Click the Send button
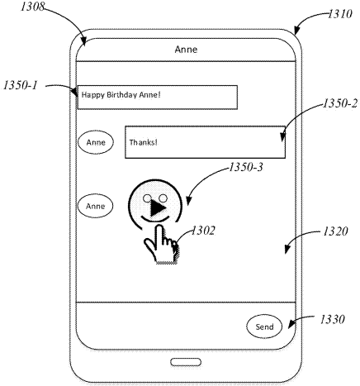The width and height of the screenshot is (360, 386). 264,326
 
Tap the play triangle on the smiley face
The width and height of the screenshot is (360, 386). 159,208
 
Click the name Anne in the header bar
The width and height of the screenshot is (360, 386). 186,50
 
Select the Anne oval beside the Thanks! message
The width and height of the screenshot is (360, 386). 96,142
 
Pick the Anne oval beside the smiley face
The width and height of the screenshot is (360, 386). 95,206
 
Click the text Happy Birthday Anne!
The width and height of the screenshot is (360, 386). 121,95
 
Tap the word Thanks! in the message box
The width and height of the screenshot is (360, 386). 144,142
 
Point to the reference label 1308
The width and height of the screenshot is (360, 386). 32,7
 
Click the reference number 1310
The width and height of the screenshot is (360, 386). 340,14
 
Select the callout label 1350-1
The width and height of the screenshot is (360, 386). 20,85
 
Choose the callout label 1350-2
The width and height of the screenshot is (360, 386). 340,103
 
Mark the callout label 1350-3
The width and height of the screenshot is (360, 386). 246,167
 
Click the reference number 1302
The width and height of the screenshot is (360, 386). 203,231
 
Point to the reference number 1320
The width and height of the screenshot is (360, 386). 335,231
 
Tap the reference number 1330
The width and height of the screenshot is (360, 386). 332,319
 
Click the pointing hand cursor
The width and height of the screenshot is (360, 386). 161,245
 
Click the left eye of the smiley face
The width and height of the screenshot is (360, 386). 147,198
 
